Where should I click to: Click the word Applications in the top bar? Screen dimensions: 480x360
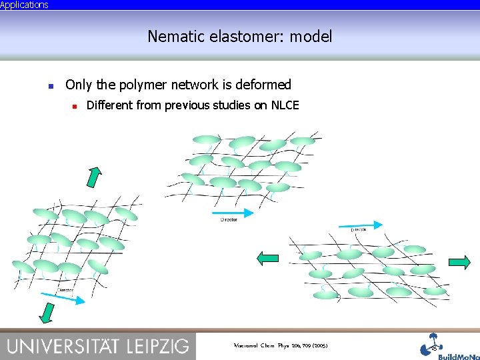[24, 5]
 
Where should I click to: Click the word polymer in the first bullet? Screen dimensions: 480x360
[143, 85]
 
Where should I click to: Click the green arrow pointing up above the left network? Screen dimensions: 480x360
[95, 177]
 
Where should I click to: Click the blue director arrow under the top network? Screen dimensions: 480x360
[233, 213]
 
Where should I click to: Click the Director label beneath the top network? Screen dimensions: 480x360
[229, 220]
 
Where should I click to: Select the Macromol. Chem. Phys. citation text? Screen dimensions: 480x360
[281, 346]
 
